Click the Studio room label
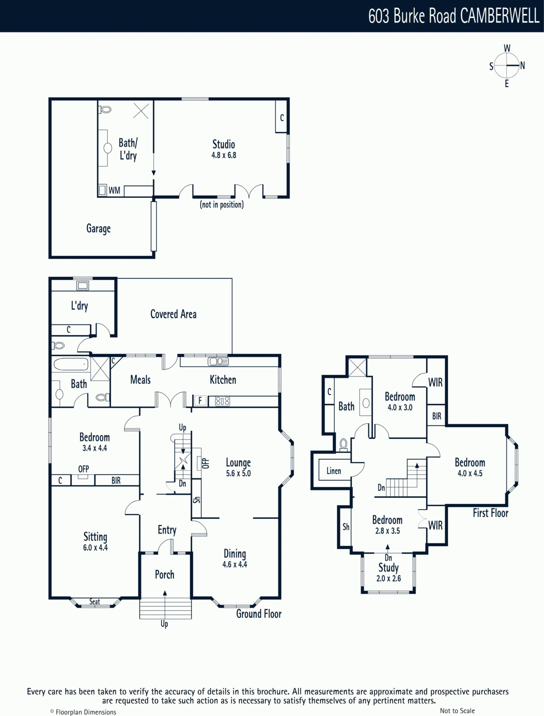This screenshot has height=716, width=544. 224,144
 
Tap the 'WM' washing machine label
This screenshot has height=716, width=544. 114,190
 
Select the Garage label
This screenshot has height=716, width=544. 98,229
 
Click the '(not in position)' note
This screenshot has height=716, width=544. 221,205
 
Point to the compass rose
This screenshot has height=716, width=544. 506,66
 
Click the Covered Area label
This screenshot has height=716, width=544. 174,314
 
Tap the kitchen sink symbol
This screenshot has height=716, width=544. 218,362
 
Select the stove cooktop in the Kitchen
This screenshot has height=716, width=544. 223,401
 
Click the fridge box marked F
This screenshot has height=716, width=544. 200,400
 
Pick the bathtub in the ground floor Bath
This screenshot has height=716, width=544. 71,364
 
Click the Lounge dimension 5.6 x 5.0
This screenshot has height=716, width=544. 238,473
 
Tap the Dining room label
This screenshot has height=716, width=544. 235,554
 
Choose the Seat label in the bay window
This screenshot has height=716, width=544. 94,601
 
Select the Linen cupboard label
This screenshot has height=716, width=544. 334,471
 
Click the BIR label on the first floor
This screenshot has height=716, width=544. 437,416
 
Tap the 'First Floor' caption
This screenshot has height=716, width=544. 491,513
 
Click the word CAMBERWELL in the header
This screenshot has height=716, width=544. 500,16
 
